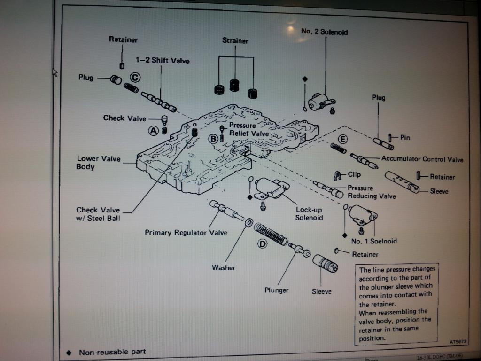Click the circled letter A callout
(x=154, y=131)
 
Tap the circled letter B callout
(x=213, y=138)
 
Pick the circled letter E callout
(x=342, y=139)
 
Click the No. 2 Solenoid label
(x=324, y=32)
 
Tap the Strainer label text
(x=235, y=41)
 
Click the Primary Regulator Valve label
(x=186, y=233)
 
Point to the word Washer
(x=223, y=268)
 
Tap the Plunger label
(x=276, y=290)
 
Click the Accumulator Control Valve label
(x=422, y=159)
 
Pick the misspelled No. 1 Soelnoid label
(x=374, y=241)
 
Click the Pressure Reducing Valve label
(x=372, y=192)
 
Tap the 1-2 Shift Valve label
(x=163, y=61)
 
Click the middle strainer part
(x=235, y=85)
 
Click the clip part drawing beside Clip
(x=338, y=175)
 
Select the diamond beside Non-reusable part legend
(x=69, y=352)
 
